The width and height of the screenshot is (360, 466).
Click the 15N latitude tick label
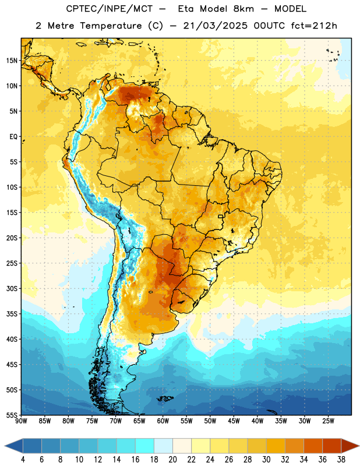pos(12,61)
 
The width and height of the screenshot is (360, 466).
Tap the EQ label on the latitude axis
pos(13,137)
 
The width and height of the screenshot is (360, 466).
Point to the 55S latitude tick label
pos(12,415)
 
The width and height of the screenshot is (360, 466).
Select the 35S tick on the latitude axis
pos(12,314)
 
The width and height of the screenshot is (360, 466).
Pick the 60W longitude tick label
pos(163,421)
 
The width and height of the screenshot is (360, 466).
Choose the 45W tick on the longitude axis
pos(234,421)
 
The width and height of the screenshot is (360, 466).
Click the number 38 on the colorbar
pos(341,460)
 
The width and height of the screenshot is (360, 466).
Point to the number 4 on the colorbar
pos(23,460)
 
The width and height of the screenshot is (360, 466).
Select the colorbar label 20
pos(172,460)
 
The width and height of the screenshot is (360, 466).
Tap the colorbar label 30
pos(266,460)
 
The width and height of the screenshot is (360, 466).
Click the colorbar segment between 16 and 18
pos(145,446)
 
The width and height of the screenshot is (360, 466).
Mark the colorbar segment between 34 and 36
pos(313,446)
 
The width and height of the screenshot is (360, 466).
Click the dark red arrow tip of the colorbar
pos(359,446)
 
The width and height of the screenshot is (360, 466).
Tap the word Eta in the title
pos(186,9)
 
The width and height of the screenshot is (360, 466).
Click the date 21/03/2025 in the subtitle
pos(215,26)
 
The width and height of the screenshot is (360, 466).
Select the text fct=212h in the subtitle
pos(314,26)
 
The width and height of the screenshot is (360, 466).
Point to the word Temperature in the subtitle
pos(111,26)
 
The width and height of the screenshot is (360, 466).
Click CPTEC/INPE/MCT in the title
pos(109,9)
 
